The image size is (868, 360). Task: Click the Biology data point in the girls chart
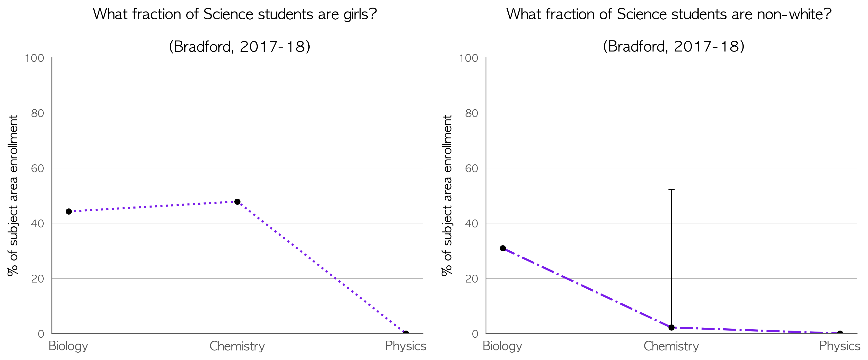pos(69,211)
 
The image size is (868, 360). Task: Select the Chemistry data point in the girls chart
pos(237,202)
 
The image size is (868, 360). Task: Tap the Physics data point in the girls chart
pos(406,333)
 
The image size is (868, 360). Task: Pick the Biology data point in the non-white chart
pos(503,248)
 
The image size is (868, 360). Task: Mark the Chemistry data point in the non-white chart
pos(671,327)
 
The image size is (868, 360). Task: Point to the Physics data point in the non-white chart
pos(840,333)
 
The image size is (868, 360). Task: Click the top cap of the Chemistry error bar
pos(671,190)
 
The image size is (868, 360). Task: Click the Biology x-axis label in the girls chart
pos(68,346)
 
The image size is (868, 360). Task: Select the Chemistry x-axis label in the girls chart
pos(237,346)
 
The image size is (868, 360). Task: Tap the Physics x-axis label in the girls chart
pos(406,346)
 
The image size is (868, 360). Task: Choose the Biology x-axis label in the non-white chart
pos(503,346)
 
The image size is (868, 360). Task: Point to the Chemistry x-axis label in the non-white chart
pos(671,346)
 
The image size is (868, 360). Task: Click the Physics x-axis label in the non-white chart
pos(840,346)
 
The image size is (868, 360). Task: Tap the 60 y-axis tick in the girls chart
pos(38,168)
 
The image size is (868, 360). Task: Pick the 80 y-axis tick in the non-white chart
pos(472,113)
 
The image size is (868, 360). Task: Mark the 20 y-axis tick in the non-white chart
pos(472,279)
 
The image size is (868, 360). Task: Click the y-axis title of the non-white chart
pos(447,195)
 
